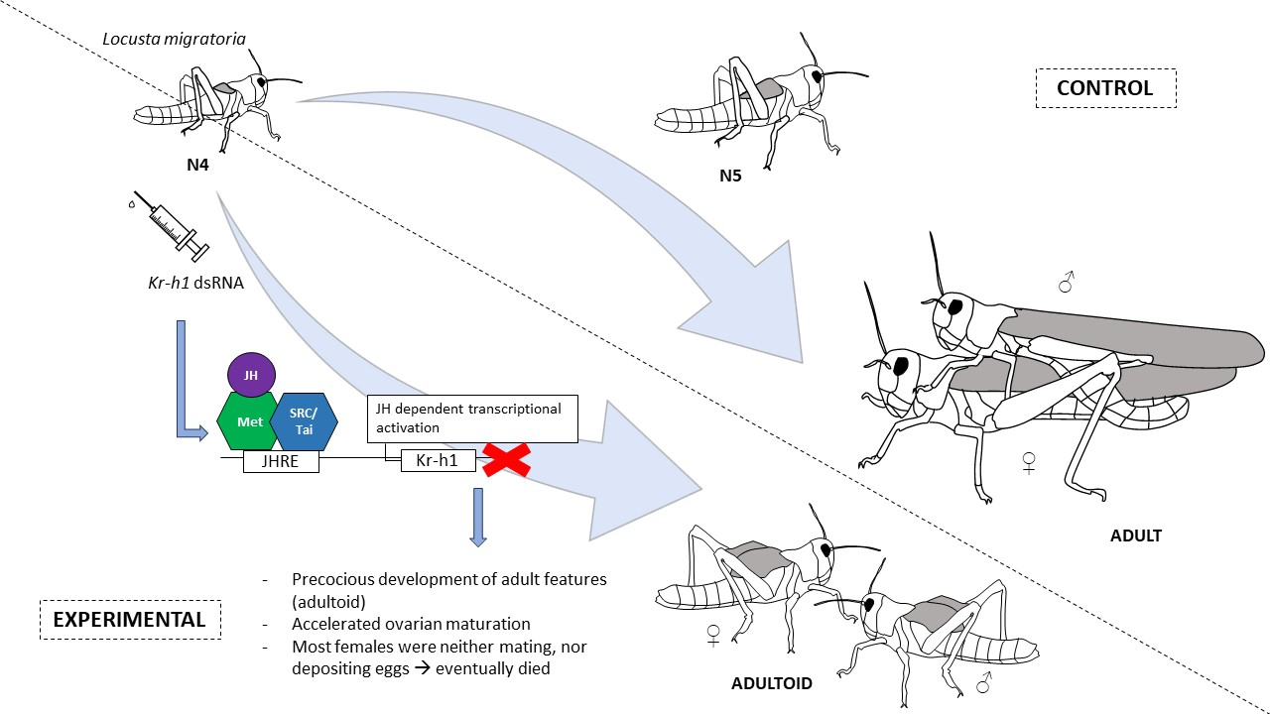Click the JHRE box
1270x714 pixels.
(x=281, y=460)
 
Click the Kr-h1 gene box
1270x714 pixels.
(x=438, y=460)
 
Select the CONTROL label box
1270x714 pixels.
(x=1105, y=87)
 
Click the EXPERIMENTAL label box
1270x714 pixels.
(x=130, y=620)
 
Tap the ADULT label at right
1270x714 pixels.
(x=1135, y=535)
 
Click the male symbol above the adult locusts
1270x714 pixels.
(x=1067, y=285)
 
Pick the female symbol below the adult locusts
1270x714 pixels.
(x=1030, y=463)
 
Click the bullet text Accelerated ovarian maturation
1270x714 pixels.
(x=411, y=624)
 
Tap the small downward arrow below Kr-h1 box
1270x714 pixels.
(x=478, y=516)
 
